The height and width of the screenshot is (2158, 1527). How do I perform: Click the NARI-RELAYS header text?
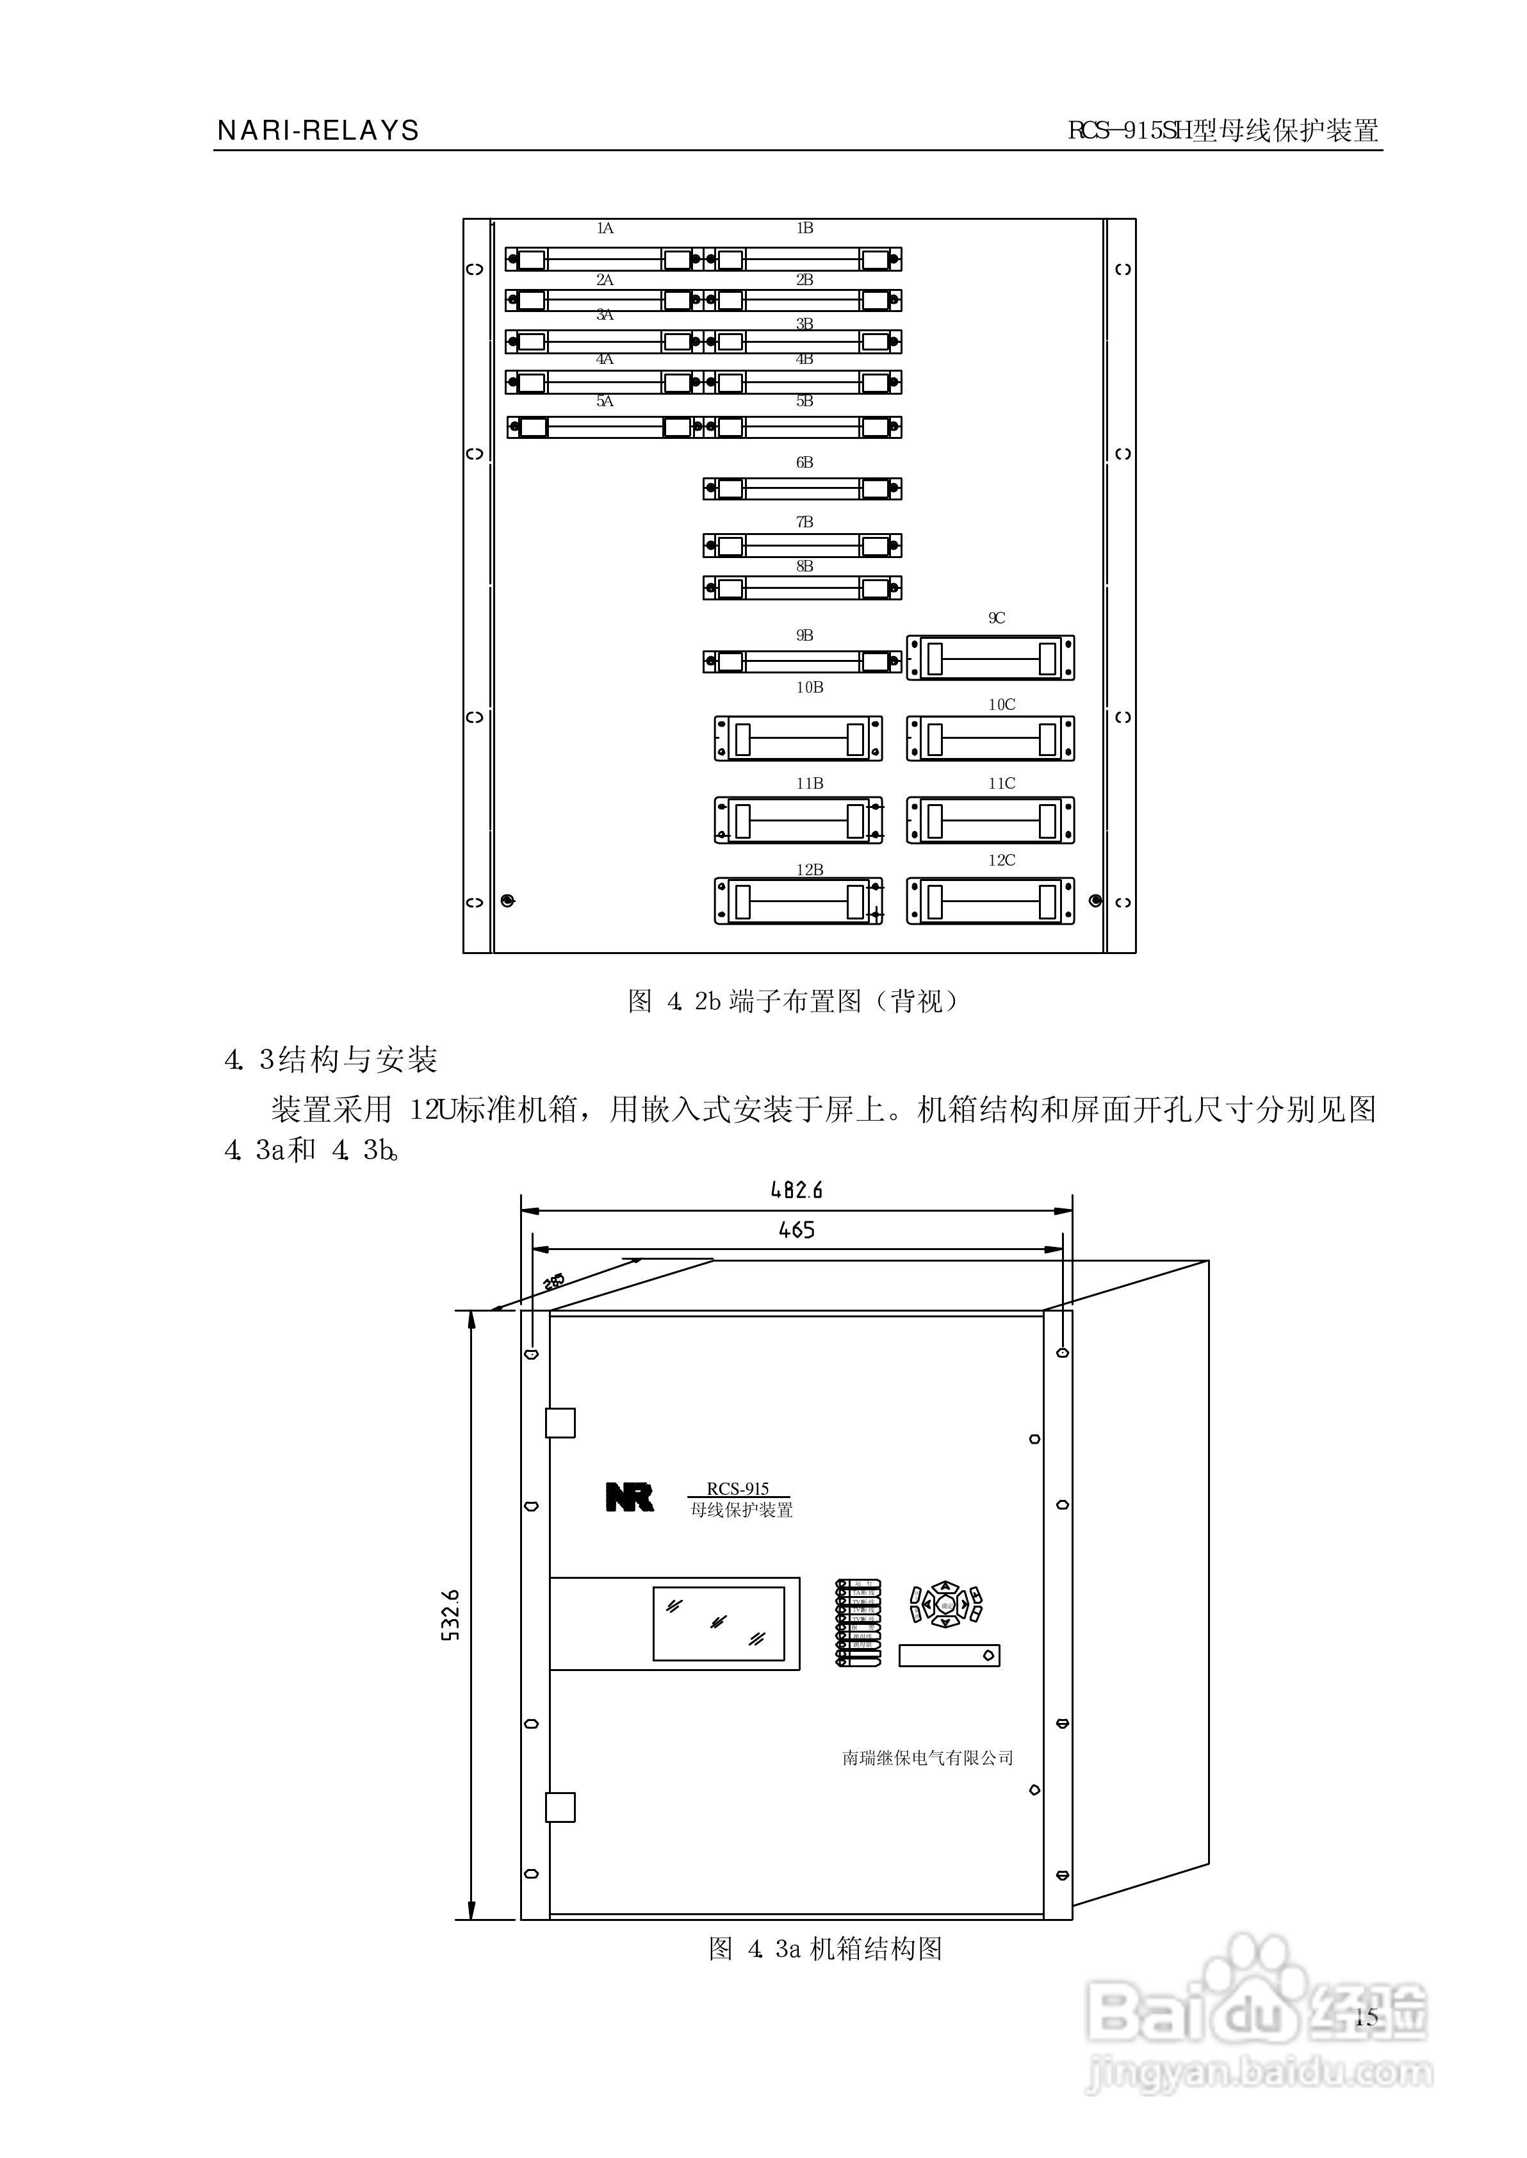click(318, 131)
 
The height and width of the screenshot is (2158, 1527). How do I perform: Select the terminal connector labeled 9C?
click(990, 657)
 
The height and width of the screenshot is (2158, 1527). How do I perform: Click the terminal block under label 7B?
click(802, 545)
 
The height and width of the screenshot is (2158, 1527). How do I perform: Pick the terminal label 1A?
click(605, 229)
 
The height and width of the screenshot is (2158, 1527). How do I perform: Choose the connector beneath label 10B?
click(798, 738)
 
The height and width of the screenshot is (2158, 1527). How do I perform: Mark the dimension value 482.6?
click(796, 1190)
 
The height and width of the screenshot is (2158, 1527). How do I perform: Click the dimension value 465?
click(796, 1230)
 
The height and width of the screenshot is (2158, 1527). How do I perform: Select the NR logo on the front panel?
click(629, 1497)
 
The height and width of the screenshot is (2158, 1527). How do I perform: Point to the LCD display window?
click(719, 1624)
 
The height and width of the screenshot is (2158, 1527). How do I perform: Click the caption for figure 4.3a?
click(824, 1949)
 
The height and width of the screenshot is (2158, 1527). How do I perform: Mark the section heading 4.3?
click(331, 1060)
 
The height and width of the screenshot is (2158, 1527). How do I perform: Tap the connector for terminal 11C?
click(990, 820)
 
